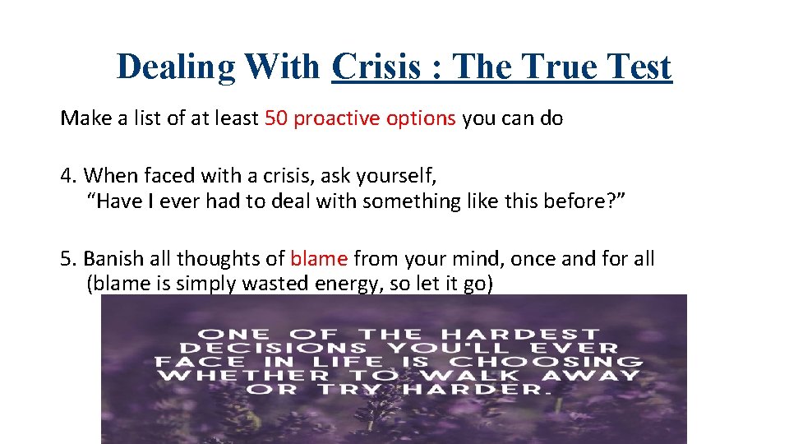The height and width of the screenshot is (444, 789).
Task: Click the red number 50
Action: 276,118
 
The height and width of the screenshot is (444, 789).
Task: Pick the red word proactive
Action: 333,118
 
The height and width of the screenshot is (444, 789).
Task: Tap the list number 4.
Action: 67,175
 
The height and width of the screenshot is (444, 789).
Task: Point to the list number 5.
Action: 67,259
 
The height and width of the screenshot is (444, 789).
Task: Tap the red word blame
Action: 319,259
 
